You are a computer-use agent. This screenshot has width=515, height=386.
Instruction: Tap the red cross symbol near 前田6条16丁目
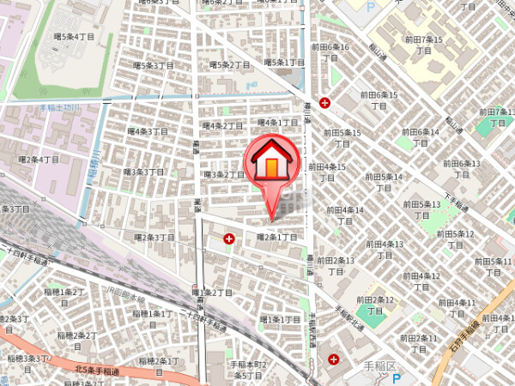pos(325,103)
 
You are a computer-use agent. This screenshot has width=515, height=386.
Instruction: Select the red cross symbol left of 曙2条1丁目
pos(228,238)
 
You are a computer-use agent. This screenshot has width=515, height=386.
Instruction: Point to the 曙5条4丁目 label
pos(73,38)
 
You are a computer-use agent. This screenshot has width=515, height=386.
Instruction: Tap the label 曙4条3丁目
pos(148,131)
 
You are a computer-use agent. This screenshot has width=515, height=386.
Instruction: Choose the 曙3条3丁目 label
pos(142,172)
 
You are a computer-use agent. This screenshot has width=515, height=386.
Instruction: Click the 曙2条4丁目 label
pos(39,160)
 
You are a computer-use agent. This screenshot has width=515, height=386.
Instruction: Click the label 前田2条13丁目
pos(336,265)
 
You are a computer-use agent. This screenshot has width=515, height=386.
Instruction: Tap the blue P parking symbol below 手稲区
pos(397,378)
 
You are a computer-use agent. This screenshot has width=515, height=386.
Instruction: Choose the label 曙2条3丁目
pos(154,237)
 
